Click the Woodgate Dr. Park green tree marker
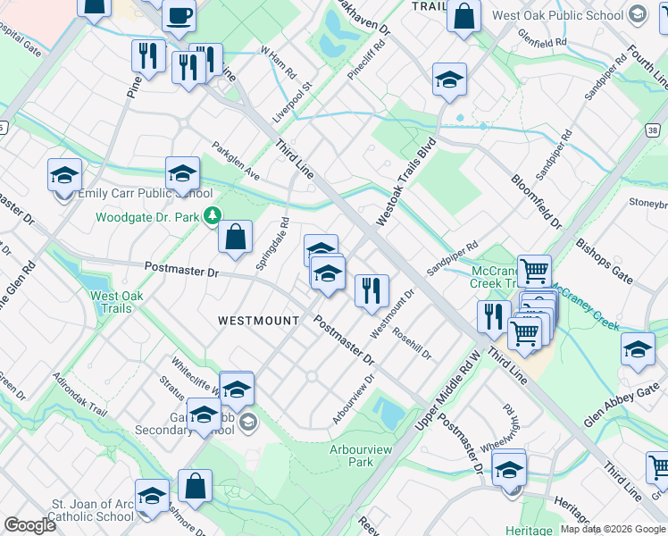213,215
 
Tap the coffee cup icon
179,15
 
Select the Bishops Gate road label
605,260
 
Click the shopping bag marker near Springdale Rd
235,239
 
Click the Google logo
29,525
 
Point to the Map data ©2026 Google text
612,529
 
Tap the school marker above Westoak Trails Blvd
449,80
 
